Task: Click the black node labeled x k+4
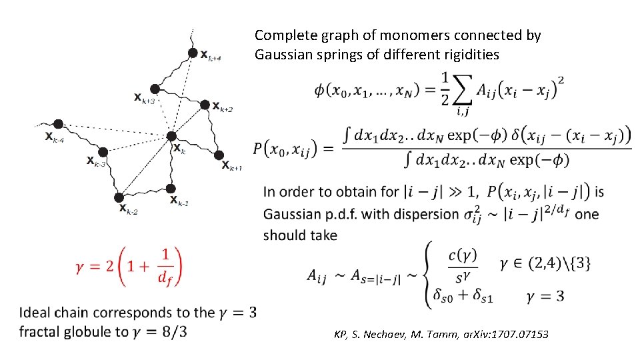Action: [193, 53]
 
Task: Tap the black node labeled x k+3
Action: [155, 89]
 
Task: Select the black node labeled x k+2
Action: [205, 102]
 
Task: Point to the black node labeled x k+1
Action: [218, 155]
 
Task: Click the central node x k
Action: [171, 137]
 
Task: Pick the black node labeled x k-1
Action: [171, 189]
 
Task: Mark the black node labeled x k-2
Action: [119, 197]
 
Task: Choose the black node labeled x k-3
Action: [103, 152]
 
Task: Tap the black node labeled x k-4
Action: [59, 124]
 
